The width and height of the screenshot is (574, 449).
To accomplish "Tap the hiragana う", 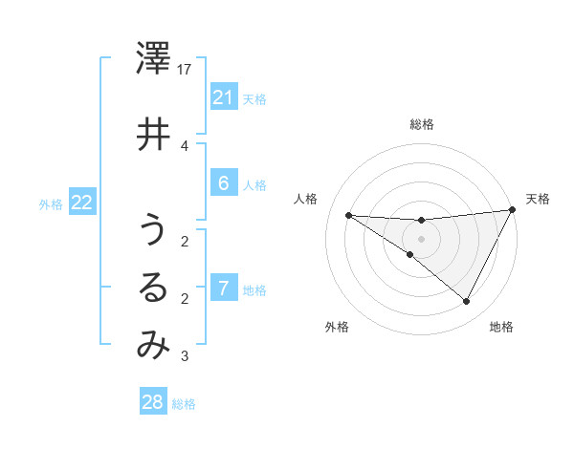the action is point(153,230).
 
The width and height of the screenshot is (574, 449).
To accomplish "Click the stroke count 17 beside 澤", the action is point(186,69).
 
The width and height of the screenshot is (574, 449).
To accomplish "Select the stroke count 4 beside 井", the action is point(184,145).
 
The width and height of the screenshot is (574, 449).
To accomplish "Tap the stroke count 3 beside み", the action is point(184,357).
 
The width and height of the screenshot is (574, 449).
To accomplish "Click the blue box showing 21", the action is point(223,97).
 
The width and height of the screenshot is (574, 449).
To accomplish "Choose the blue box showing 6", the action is point(223,184).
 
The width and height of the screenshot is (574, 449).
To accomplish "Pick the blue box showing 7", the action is point(223,289).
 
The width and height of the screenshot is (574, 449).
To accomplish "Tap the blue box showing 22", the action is point(82,203).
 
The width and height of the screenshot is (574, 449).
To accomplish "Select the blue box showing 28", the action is point(153,402).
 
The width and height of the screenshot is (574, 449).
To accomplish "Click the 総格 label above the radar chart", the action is point(422,124).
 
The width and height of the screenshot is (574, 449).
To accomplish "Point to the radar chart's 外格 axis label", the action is point(337,327).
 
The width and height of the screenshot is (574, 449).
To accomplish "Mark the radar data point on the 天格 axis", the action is point(513,210).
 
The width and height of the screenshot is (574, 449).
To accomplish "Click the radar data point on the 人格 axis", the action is point(348,215).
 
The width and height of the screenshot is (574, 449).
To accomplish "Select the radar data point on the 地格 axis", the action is point(466,301).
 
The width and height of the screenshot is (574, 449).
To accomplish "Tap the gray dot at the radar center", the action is point(421,239).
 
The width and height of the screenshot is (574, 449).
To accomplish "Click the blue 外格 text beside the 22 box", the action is point(51,203).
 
